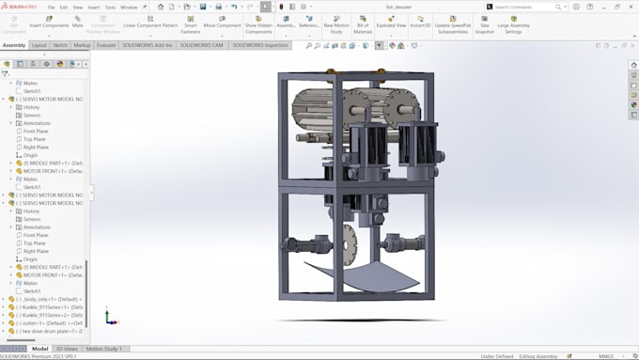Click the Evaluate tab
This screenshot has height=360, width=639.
click(106, 45)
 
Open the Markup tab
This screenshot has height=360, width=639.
click(83, 45)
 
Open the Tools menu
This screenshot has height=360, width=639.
click(110, 7)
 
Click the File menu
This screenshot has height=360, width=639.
click(52, 7)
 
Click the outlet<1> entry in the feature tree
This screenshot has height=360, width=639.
click(42, 322)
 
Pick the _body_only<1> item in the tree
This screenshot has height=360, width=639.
click(44, 299)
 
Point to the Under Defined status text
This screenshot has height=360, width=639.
click(495, 356)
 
